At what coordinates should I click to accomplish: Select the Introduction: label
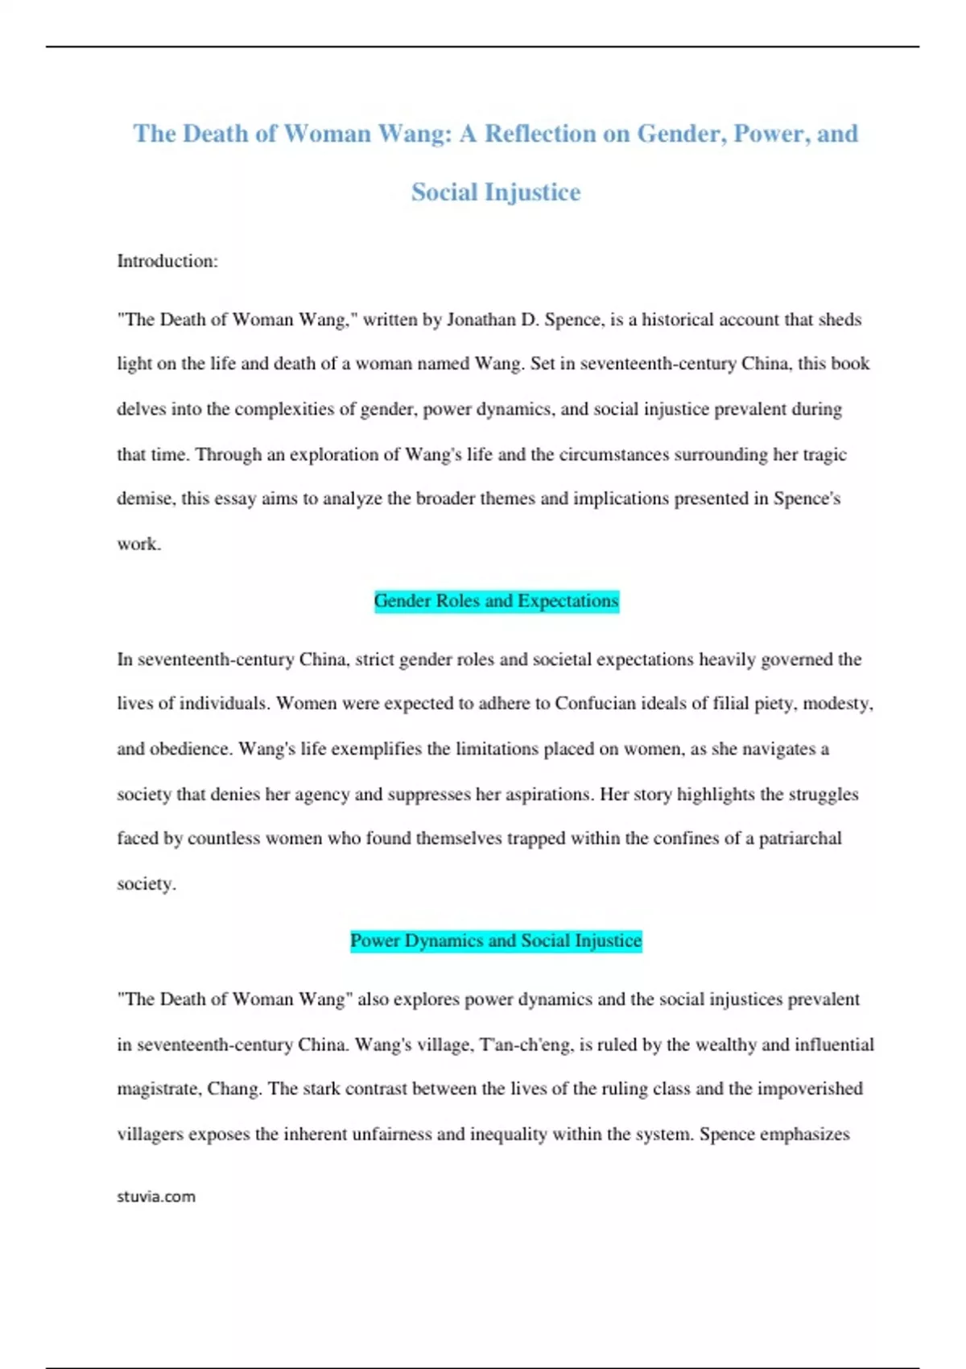167,261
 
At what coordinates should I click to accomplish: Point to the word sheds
840,320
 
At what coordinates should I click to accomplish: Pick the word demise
144,498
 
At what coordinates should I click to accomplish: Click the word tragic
824,454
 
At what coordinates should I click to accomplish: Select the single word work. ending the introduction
139,544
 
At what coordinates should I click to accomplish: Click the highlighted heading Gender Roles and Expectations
496,601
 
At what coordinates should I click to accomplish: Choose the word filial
730,703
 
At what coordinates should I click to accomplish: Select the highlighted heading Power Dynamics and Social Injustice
496,941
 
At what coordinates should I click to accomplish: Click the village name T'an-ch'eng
524,1045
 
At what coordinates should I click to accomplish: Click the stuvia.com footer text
156,1197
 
